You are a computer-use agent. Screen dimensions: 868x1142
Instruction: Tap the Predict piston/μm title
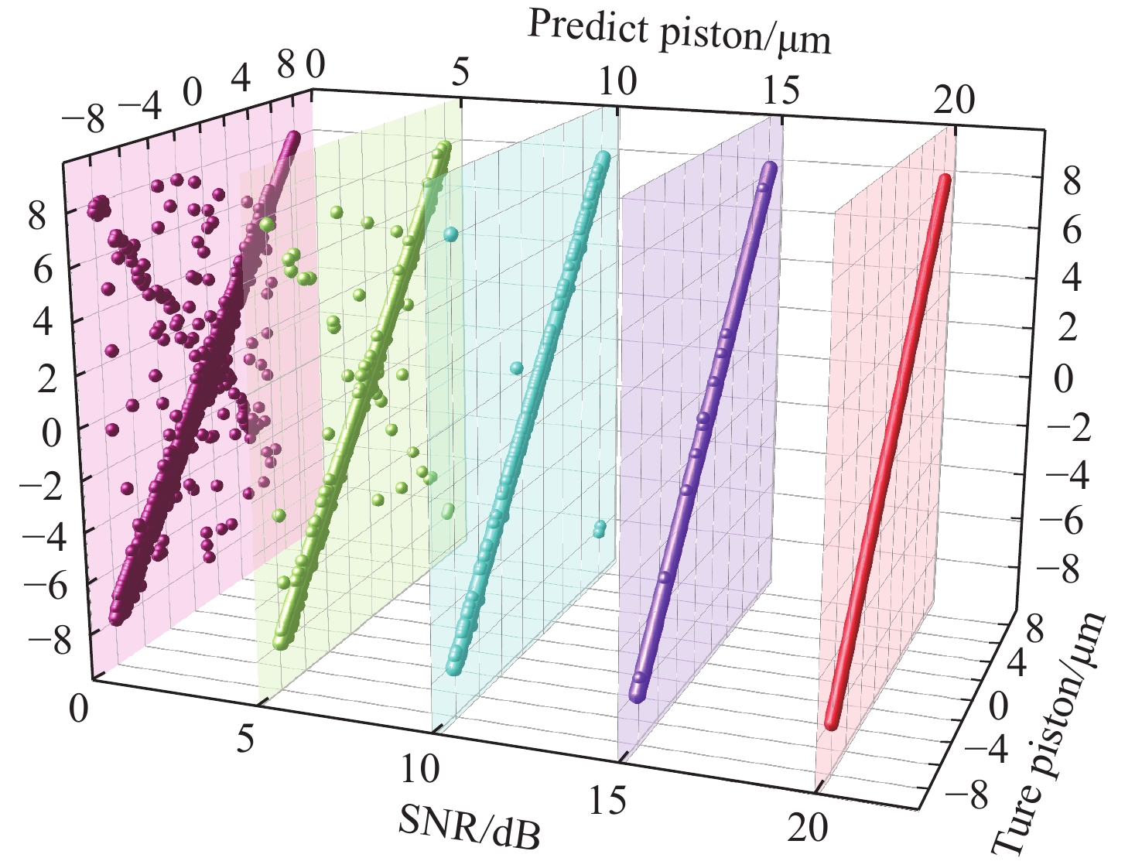(x=679, y=33)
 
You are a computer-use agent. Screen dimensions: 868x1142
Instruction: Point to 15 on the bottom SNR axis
(x=607, y=802)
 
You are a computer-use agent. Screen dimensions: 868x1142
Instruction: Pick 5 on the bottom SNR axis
(x=245, y=740)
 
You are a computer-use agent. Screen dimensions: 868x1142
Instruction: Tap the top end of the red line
(x=944, y=180)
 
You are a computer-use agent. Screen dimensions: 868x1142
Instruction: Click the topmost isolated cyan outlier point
(x=450, y=233)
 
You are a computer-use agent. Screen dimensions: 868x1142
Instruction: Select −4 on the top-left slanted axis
(x=142, y=107)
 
